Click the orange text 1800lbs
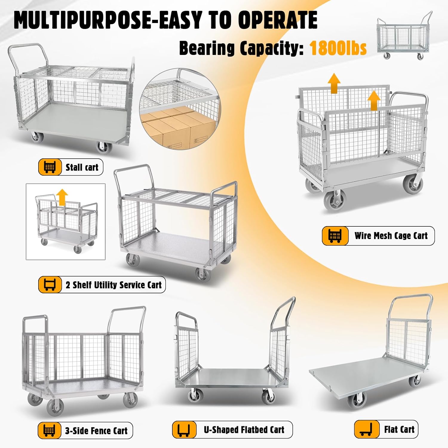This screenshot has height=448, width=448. click(x=338, y=48)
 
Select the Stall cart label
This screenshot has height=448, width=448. click(x=82, y=167)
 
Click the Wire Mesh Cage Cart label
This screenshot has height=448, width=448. click(x=391, y=236)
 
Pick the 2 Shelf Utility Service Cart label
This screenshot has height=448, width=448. click(x=113, y=285)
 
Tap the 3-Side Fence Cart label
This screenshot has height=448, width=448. click(x=96, y=431)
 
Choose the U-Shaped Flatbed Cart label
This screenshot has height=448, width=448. click(x=244, y=429)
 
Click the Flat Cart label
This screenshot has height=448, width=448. click(x=399, y=429)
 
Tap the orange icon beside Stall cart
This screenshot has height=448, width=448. click(x=50, y=167)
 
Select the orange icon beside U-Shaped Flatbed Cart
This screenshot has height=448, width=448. click(x=184, y=429)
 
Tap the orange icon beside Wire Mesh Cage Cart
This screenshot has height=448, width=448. click(x=335, y=236)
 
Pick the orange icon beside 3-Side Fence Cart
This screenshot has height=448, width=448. click(x=49, y=431)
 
